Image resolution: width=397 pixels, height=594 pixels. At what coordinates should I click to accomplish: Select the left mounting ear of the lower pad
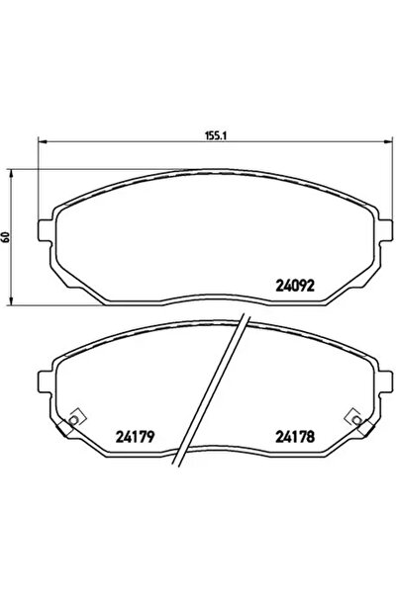click(46, 381)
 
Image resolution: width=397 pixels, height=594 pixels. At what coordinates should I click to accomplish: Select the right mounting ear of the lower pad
click(378, 381)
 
